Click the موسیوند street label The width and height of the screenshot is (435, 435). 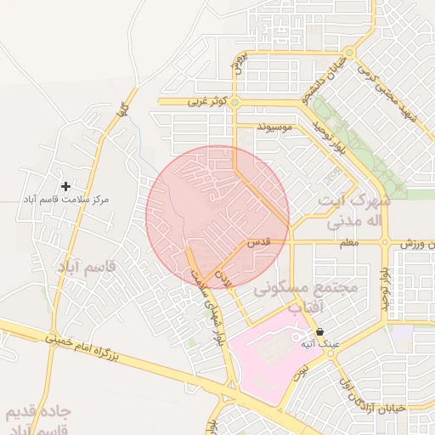click(x=278, y=127)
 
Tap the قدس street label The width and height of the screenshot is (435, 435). click(x=258, y=242)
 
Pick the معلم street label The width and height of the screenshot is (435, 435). click(x=348, y=243)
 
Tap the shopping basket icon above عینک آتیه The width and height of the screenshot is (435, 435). click(x=319, y=331)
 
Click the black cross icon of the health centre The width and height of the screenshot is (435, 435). click(x=66, y=185)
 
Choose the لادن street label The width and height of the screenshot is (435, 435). click(x=223, y=277)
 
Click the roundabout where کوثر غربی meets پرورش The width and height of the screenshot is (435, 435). click(x=234, y=103)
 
